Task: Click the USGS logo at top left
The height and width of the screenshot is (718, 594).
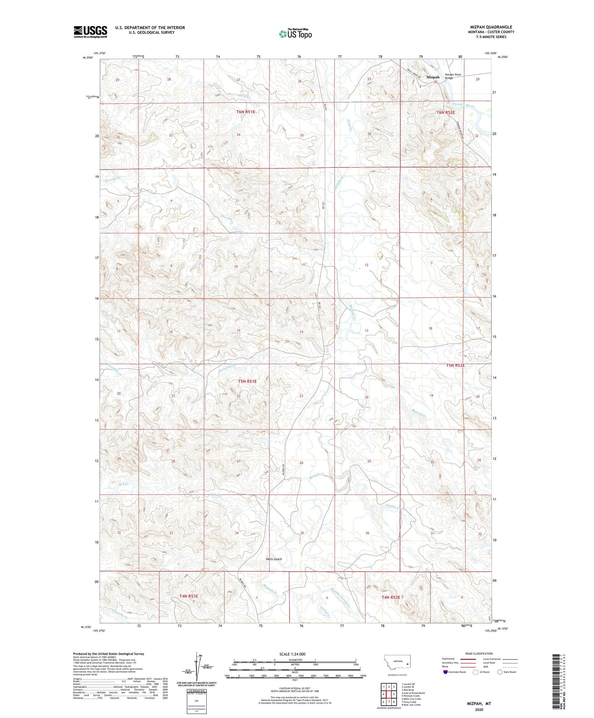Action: click(90, 32)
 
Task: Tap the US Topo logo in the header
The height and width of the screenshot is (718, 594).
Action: click(295, 34)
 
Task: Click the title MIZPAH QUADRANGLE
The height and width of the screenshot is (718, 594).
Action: click(491, 27)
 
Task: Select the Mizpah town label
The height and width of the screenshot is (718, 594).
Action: click(433, 77)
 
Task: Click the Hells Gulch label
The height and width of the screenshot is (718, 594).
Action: click(274, 559)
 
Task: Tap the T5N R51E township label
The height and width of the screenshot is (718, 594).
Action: click(247, 381)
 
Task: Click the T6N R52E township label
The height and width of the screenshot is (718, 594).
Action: click(445, 112)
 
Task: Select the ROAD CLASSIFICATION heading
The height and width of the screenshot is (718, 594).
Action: click(479, 653)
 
